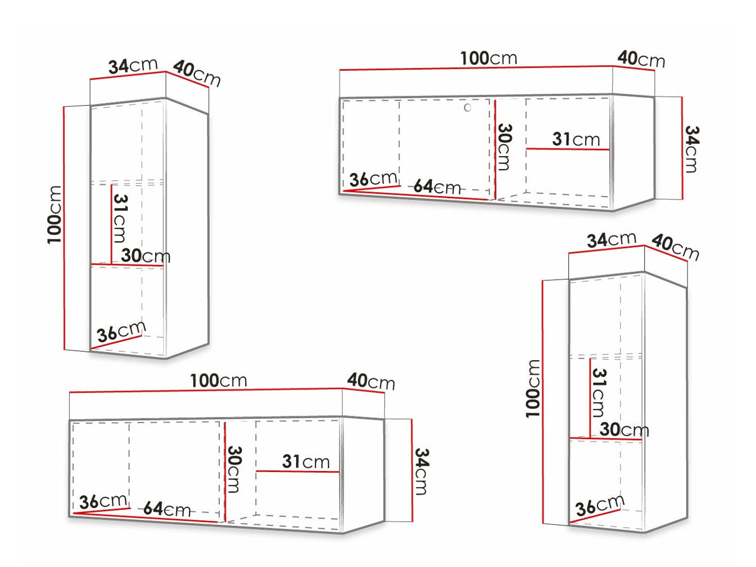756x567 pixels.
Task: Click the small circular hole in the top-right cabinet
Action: (x=468, y=108)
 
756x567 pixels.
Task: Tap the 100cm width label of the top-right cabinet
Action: (x=489, y=58)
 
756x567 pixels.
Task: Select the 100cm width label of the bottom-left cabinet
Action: (x=219, y=381)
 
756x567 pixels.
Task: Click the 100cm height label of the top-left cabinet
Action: (x=54, y=215)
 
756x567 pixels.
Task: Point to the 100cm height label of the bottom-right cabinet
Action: (x=532, y=389)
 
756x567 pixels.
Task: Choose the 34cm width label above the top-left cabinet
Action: (x=133, y=66)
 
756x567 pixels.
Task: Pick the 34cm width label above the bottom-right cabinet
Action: (x=612, y=239)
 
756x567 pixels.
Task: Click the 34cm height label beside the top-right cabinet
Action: (x=691, y=149)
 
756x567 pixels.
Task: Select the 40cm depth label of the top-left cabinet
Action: (x=197, y=74)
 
